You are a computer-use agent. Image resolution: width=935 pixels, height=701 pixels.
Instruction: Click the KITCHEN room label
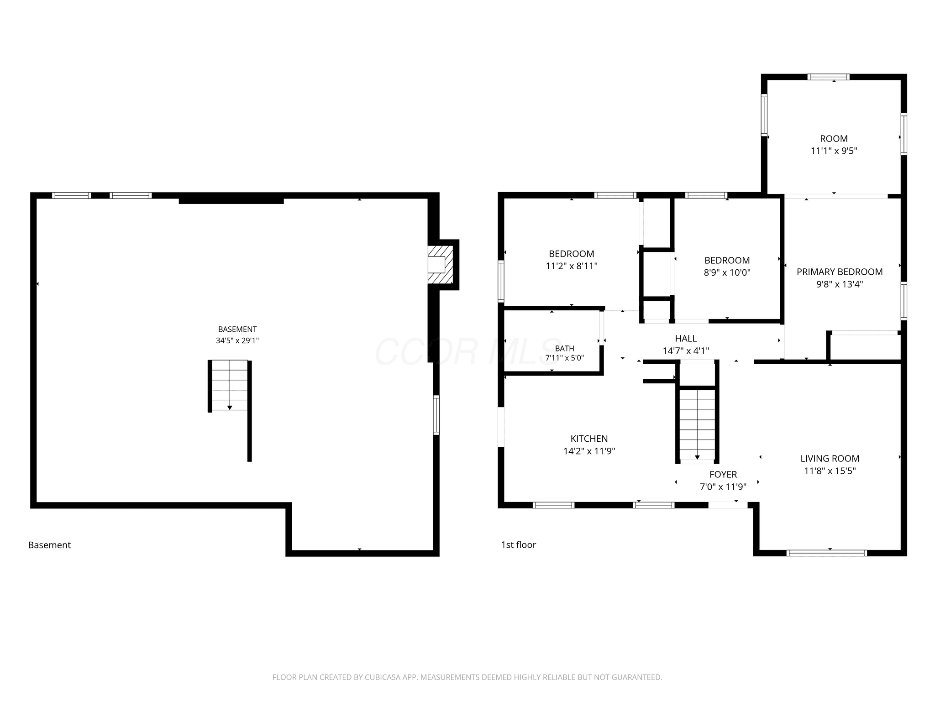(589, 439)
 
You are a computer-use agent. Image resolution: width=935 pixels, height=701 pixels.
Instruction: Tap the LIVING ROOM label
(830, 459)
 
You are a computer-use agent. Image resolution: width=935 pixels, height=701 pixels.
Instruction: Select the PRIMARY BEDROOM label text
(840, 272)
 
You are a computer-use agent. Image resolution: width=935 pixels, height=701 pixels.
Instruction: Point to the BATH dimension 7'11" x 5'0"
(565, 358)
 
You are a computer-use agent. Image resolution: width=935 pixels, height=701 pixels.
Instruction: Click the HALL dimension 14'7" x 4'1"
(686, 350)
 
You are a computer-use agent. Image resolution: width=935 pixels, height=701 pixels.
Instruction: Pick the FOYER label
(723, 475)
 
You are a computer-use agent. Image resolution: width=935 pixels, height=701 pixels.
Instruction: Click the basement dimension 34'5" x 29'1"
(237, 340)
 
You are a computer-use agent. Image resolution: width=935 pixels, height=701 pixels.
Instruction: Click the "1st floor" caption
(519, 544)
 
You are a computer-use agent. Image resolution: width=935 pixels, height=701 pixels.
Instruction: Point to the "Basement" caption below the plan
(49, 545)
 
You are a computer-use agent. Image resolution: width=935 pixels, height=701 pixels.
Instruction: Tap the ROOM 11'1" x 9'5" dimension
(834, 151)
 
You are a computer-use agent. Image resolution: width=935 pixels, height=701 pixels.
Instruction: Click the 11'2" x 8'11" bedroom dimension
(572, 266)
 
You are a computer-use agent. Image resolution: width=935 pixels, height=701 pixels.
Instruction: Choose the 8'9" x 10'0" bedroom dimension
(727, 273)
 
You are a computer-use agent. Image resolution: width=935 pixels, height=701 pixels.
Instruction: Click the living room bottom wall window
(827, 553)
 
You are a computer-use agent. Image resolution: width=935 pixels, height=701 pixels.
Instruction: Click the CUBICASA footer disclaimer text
(467, 677)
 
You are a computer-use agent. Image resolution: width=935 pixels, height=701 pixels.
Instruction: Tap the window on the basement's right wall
(436, 415)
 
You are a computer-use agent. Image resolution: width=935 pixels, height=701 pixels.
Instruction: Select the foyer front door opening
(728, 505)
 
